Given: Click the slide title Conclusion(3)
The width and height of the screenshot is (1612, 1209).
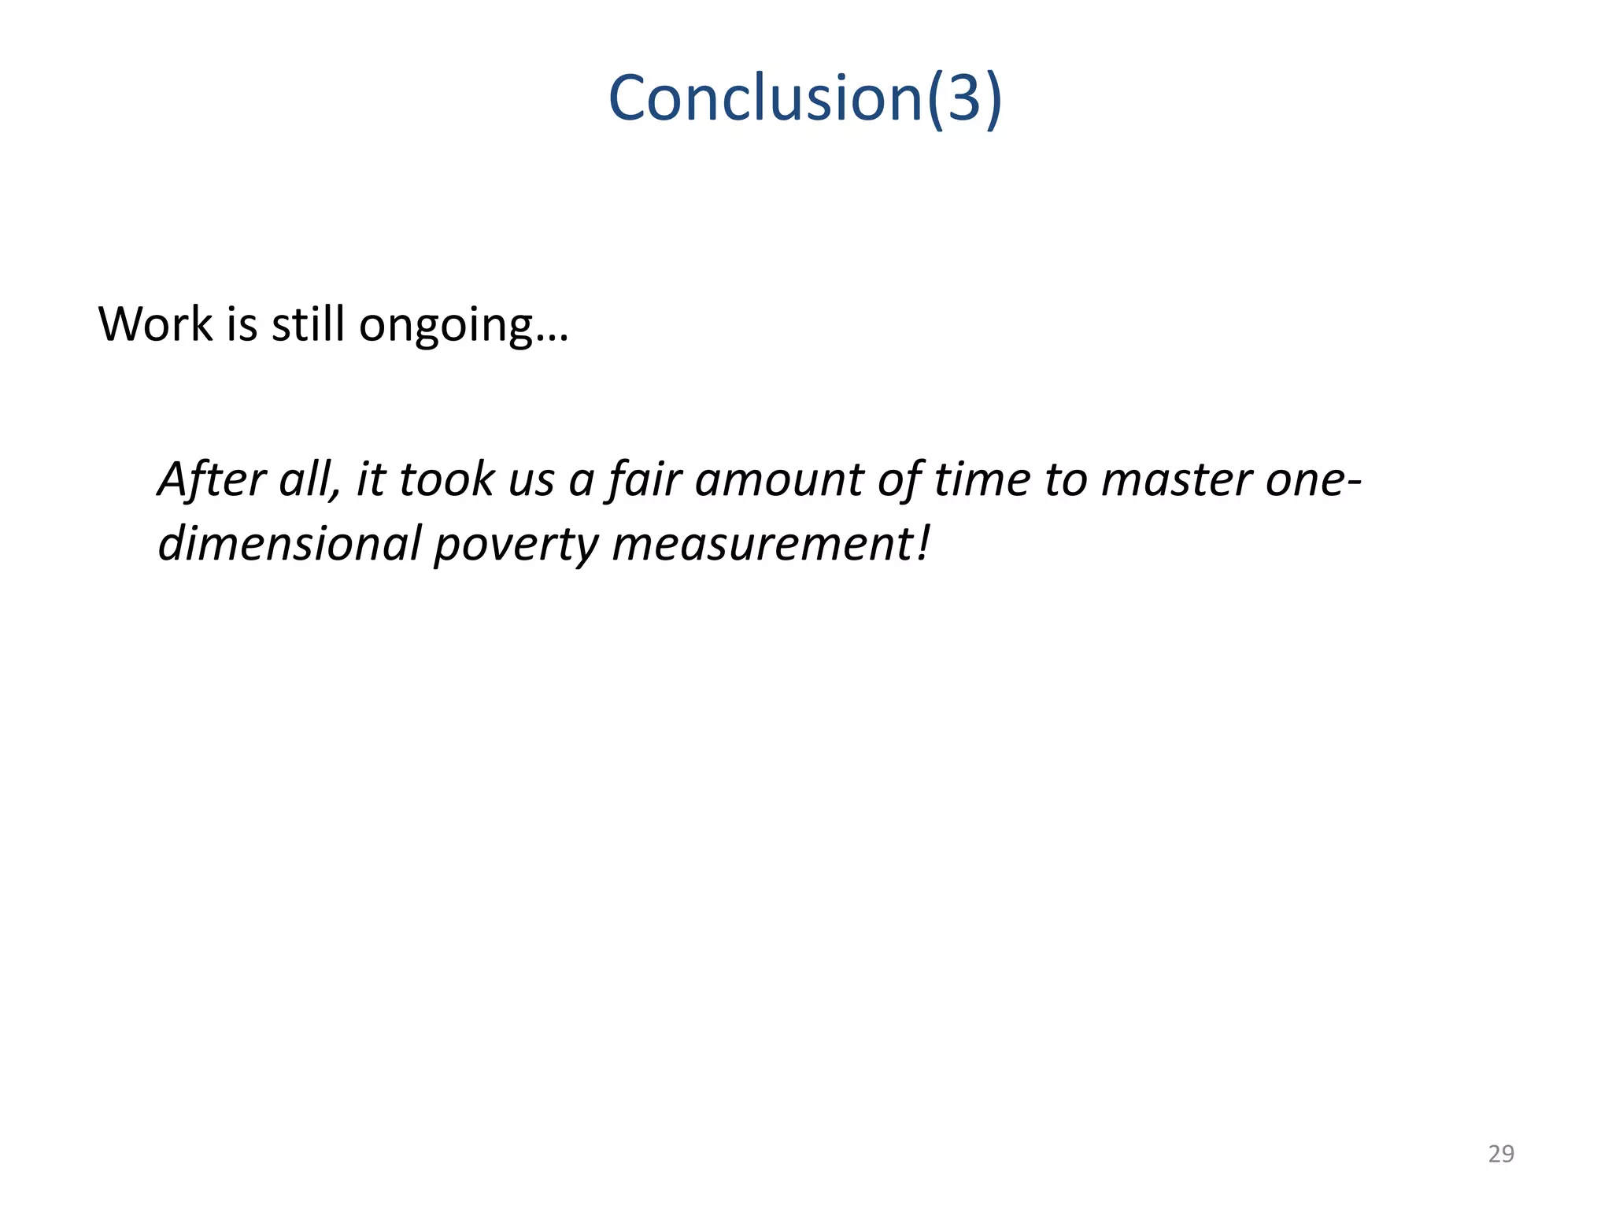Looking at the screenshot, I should (805, 98).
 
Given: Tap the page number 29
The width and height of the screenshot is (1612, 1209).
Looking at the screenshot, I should (1501, 1154).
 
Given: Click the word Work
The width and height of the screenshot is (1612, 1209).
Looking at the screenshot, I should (155, 324).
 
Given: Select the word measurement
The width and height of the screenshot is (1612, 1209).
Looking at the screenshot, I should (760, 543).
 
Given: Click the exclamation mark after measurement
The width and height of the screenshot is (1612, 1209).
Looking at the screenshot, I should (923, 543).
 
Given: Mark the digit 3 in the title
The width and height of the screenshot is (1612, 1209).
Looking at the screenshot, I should (963, 98).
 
